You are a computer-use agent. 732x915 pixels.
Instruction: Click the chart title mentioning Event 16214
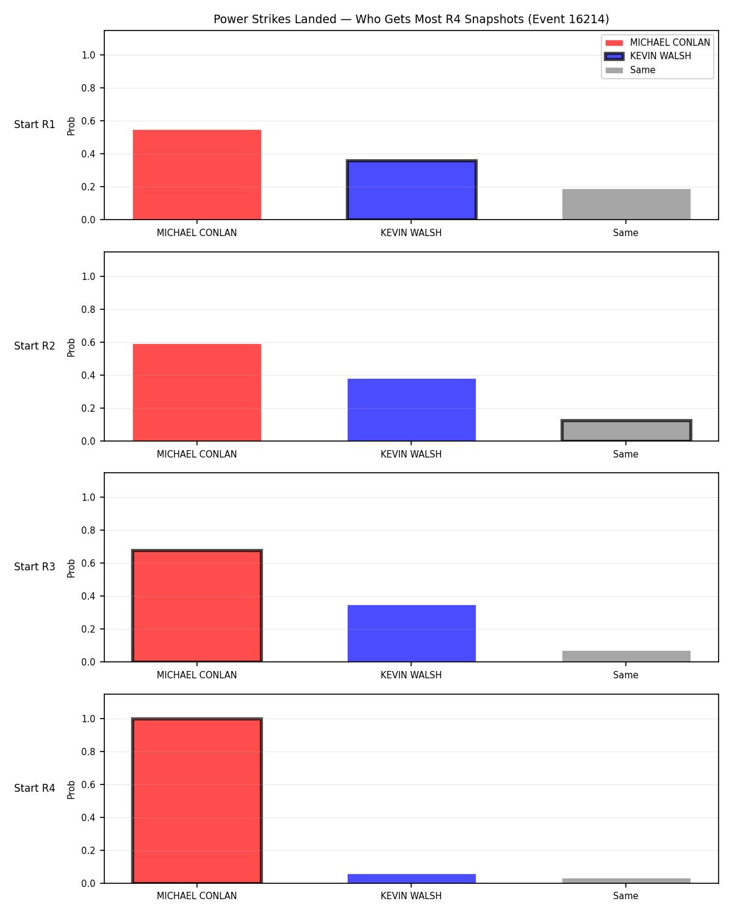pos(411,19)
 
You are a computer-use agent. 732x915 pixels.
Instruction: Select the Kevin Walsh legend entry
pos(648,56)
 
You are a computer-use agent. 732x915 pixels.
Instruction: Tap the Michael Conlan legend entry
pos(657,43)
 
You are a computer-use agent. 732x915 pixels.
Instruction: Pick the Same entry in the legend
pos(630,70)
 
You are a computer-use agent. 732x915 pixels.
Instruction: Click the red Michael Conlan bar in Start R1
pos(197,174)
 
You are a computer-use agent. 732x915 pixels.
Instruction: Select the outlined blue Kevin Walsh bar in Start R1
pos(411,190)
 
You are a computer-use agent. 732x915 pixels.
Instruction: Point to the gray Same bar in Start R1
pos(626,204)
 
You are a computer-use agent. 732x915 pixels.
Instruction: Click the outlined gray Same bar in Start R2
pos(626,430)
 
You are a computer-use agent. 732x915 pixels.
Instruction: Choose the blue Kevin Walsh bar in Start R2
pos(411,410)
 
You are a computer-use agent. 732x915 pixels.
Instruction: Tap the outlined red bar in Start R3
pos(197,606)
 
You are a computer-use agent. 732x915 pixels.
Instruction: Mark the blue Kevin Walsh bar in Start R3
pos(411,634)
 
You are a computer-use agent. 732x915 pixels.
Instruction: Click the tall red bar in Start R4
pos(197,800)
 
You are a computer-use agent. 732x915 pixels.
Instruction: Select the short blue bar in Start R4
pos(411,879)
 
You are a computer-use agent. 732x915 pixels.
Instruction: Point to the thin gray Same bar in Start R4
pos(626,881)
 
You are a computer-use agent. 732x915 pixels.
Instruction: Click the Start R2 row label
pos(34,346)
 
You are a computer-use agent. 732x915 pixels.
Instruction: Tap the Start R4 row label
pos(34,788)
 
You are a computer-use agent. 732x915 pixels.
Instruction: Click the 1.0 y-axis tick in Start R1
pos(88,56)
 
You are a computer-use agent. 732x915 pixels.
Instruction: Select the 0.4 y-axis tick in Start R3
pos(88,596)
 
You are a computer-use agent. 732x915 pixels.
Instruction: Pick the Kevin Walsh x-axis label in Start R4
pos(411,896)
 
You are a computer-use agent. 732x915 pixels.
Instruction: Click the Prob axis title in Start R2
pos(71,348)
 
